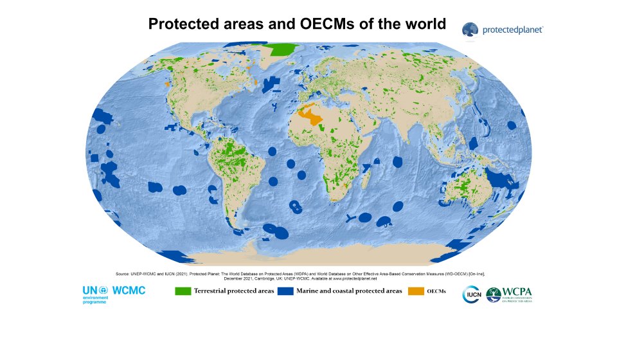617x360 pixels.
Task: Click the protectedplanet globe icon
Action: (x=470, y=29)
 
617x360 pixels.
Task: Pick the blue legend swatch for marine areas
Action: (x=285, y=291)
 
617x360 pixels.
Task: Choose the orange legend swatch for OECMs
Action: (x=416, y=291)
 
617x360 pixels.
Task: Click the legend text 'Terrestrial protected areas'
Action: (x=234, y=291)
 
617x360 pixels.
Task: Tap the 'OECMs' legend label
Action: (x=437, y=291)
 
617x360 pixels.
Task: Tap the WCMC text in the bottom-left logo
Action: (x=129, y=291)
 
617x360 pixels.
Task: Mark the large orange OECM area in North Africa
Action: (x=314, y=116)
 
